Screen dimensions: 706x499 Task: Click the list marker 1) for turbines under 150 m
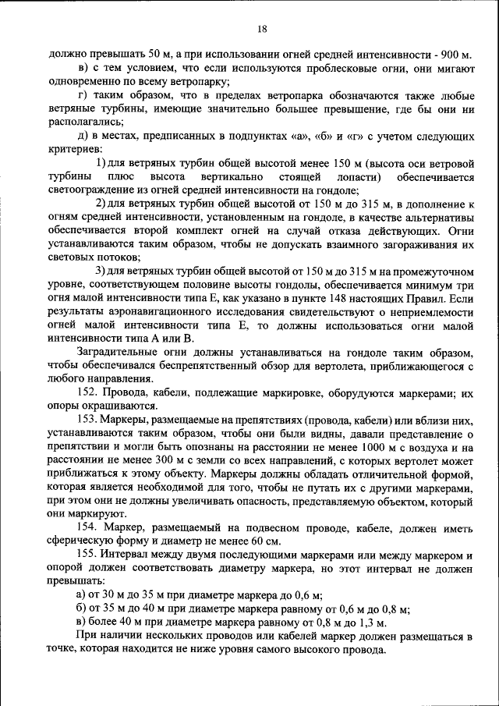(101, 163)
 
